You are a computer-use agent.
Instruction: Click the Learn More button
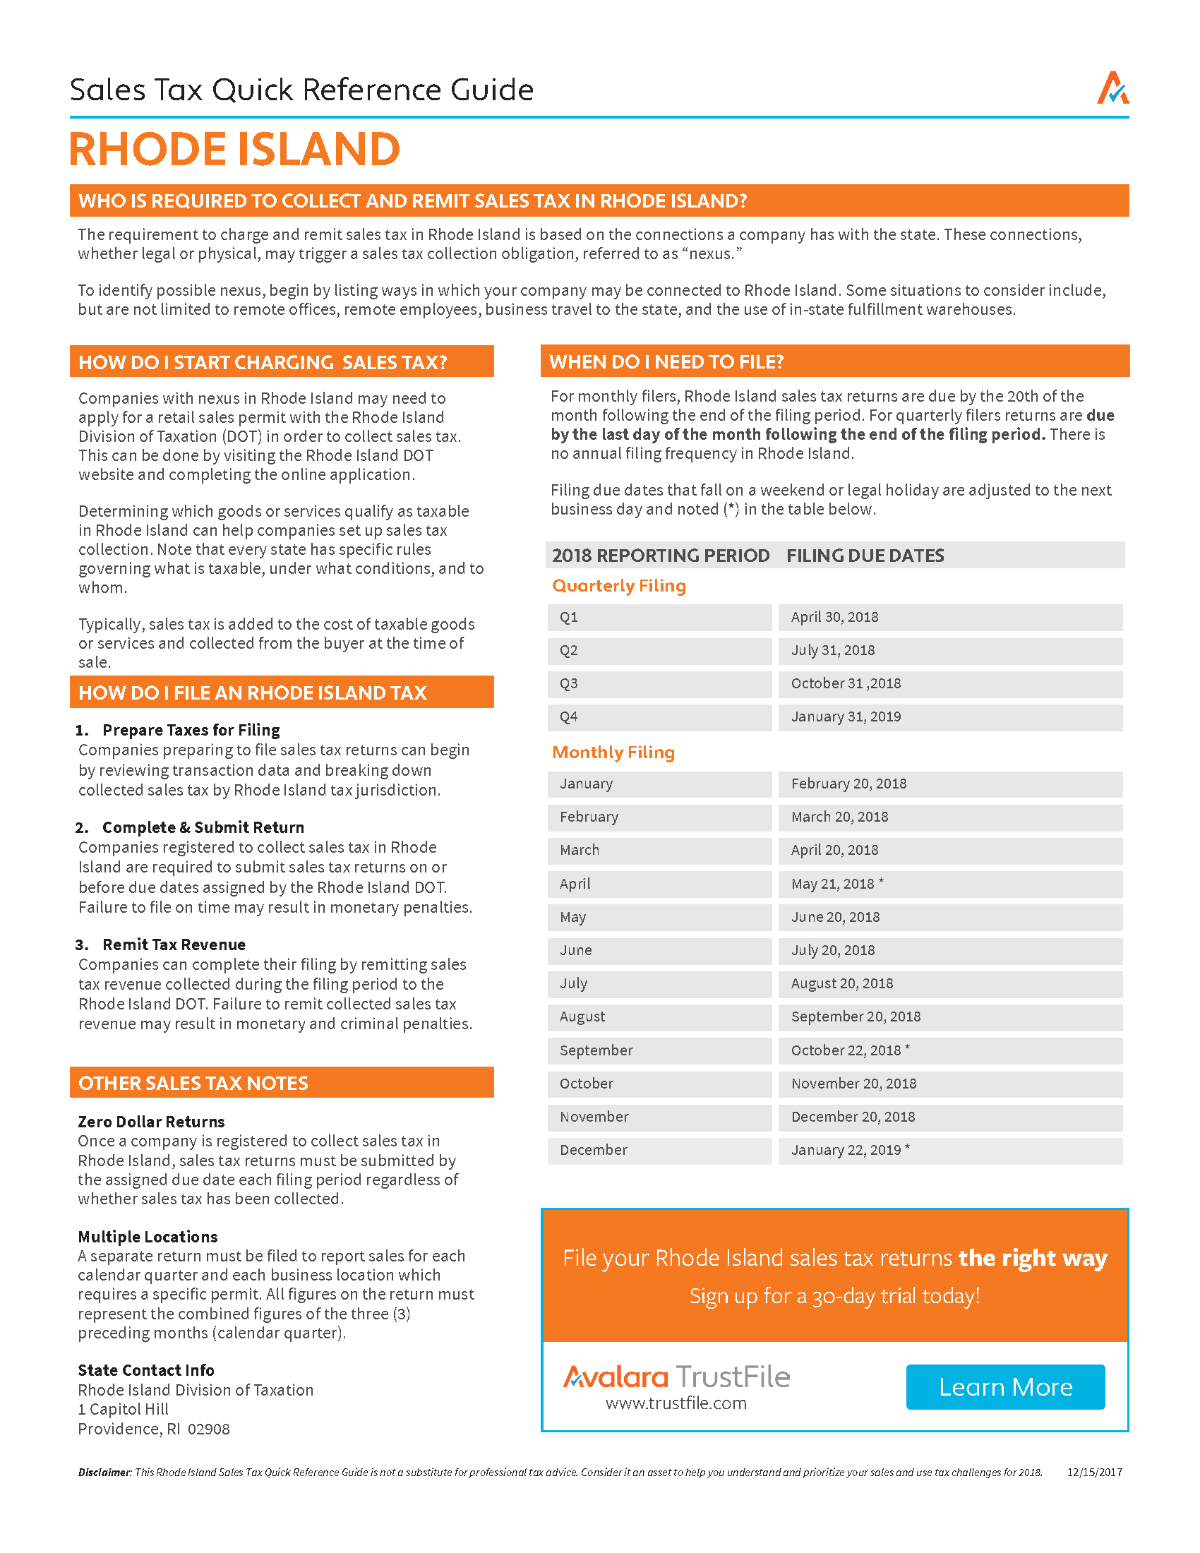1004,1386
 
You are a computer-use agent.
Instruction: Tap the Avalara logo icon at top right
1112,89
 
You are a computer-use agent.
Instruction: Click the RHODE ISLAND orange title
234,150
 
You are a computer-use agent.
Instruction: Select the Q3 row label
569,683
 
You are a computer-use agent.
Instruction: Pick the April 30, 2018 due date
834,617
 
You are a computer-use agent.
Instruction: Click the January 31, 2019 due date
846,716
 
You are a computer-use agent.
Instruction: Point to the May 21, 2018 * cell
836,884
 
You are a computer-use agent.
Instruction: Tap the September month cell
596,1050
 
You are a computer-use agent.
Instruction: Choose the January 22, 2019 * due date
849,1150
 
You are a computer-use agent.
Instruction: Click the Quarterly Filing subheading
618,586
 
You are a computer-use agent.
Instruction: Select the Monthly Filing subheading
613,752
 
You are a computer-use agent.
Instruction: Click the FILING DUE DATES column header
865,556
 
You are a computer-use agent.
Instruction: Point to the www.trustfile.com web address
676,1403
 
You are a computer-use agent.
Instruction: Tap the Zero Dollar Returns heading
151,1122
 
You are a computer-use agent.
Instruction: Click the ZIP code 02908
208,1429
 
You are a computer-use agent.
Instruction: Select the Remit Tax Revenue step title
174,945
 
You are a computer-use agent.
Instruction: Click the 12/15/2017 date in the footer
1094,1472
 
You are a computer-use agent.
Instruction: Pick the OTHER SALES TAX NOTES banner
193,1083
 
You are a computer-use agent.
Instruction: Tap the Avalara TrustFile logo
676,1377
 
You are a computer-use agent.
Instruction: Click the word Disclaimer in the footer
104,1472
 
